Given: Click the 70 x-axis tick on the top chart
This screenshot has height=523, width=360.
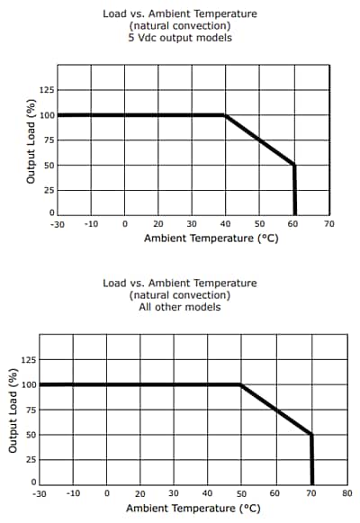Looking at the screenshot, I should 328,222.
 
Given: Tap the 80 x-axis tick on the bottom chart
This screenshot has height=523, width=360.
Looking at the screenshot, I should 346,493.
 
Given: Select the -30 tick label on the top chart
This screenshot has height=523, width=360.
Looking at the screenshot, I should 58,222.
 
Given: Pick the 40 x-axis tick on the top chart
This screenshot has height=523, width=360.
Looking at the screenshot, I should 226,222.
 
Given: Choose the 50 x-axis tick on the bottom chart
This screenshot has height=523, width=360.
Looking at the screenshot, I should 241,493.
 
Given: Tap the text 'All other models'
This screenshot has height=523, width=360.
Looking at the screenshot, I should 180,307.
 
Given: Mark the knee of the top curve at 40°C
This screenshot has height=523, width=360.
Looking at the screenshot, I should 225,115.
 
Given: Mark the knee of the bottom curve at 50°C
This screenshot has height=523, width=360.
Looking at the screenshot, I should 241,384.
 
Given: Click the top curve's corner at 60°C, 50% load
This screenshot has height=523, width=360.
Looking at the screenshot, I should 294,165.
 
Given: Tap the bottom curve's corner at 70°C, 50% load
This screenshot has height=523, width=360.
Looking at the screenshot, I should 311,435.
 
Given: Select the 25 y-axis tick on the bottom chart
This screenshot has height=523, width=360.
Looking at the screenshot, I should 31,459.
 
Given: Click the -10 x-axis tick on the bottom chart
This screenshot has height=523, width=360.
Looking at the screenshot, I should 74,493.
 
